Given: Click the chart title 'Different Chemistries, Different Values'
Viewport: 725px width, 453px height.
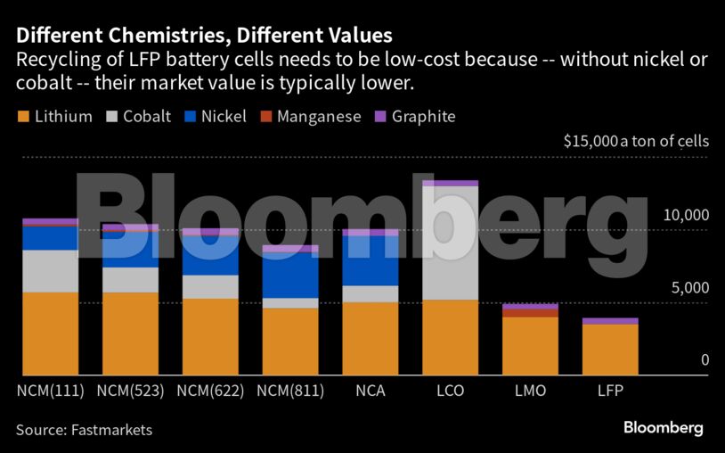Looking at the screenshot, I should tap(204, 37).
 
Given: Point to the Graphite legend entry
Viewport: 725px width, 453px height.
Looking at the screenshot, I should tap(414, 117).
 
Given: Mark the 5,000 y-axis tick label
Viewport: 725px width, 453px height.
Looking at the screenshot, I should tap(690, 288).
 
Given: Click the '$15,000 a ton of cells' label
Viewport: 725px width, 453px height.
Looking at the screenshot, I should tap(636, 141).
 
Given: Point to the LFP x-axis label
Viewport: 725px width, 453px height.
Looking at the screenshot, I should tap(610, 391).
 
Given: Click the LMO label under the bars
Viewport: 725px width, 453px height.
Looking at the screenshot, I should tap(530, 391).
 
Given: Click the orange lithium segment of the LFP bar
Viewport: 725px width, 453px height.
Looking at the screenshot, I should tap(610, 350).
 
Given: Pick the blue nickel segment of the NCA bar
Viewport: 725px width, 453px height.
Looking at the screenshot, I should tap(370, 260).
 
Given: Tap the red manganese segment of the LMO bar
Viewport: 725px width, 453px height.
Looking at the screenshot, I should tap(530, 313).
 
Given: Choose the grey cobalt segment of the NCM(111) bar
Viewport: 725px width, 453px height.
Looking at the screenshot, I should tap(50, 271).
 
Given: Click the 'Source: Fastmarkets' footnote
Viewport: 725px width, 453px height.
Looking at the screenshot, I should tap(85, 431).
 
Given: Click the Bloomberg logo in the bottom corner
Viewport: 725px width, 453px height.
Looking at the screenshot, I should tap(664, 428).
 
